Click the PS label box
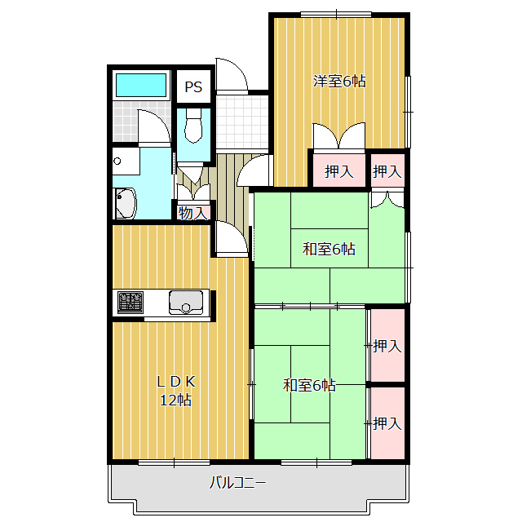pyautogui.click(x=193, y=86)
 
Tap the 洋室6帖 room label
pyautogui.click(x=339, y=82)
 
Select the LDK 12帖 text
pyautogui.click(x=176, y=391)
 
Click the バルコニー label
pyautogui.click(x=237, y=482)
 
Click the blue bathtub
pyautogui.click(x=141, y=85)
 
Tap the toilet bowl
pyautogui.click(x=193, y=127)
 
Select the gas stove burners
pyautogui.click(x=130, y=303)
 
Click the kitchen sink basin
pyautogui.click(x=186, y=303)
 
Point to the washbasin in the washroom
pyautogui.click(x=125, y=203)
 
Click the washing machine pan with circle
pyautogui.click(x=126, y=161)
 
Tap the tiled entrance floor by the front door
pyautogui.click(x=242, y=122)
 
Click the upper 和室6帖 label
pyautogui.click(x=329, y=249)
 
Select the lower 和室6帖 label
pyautogui.click(x=309, y=385)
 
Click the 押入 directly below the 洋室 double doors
pyautogui.click(x=339, y=171)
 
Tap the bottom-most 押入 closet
pyautogui.click(x=387, y=422)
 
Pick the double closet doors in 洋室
pyautogui.click(x=339, y=136)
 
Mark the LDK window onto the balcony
pyautogui.click(x=174, y=462)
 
